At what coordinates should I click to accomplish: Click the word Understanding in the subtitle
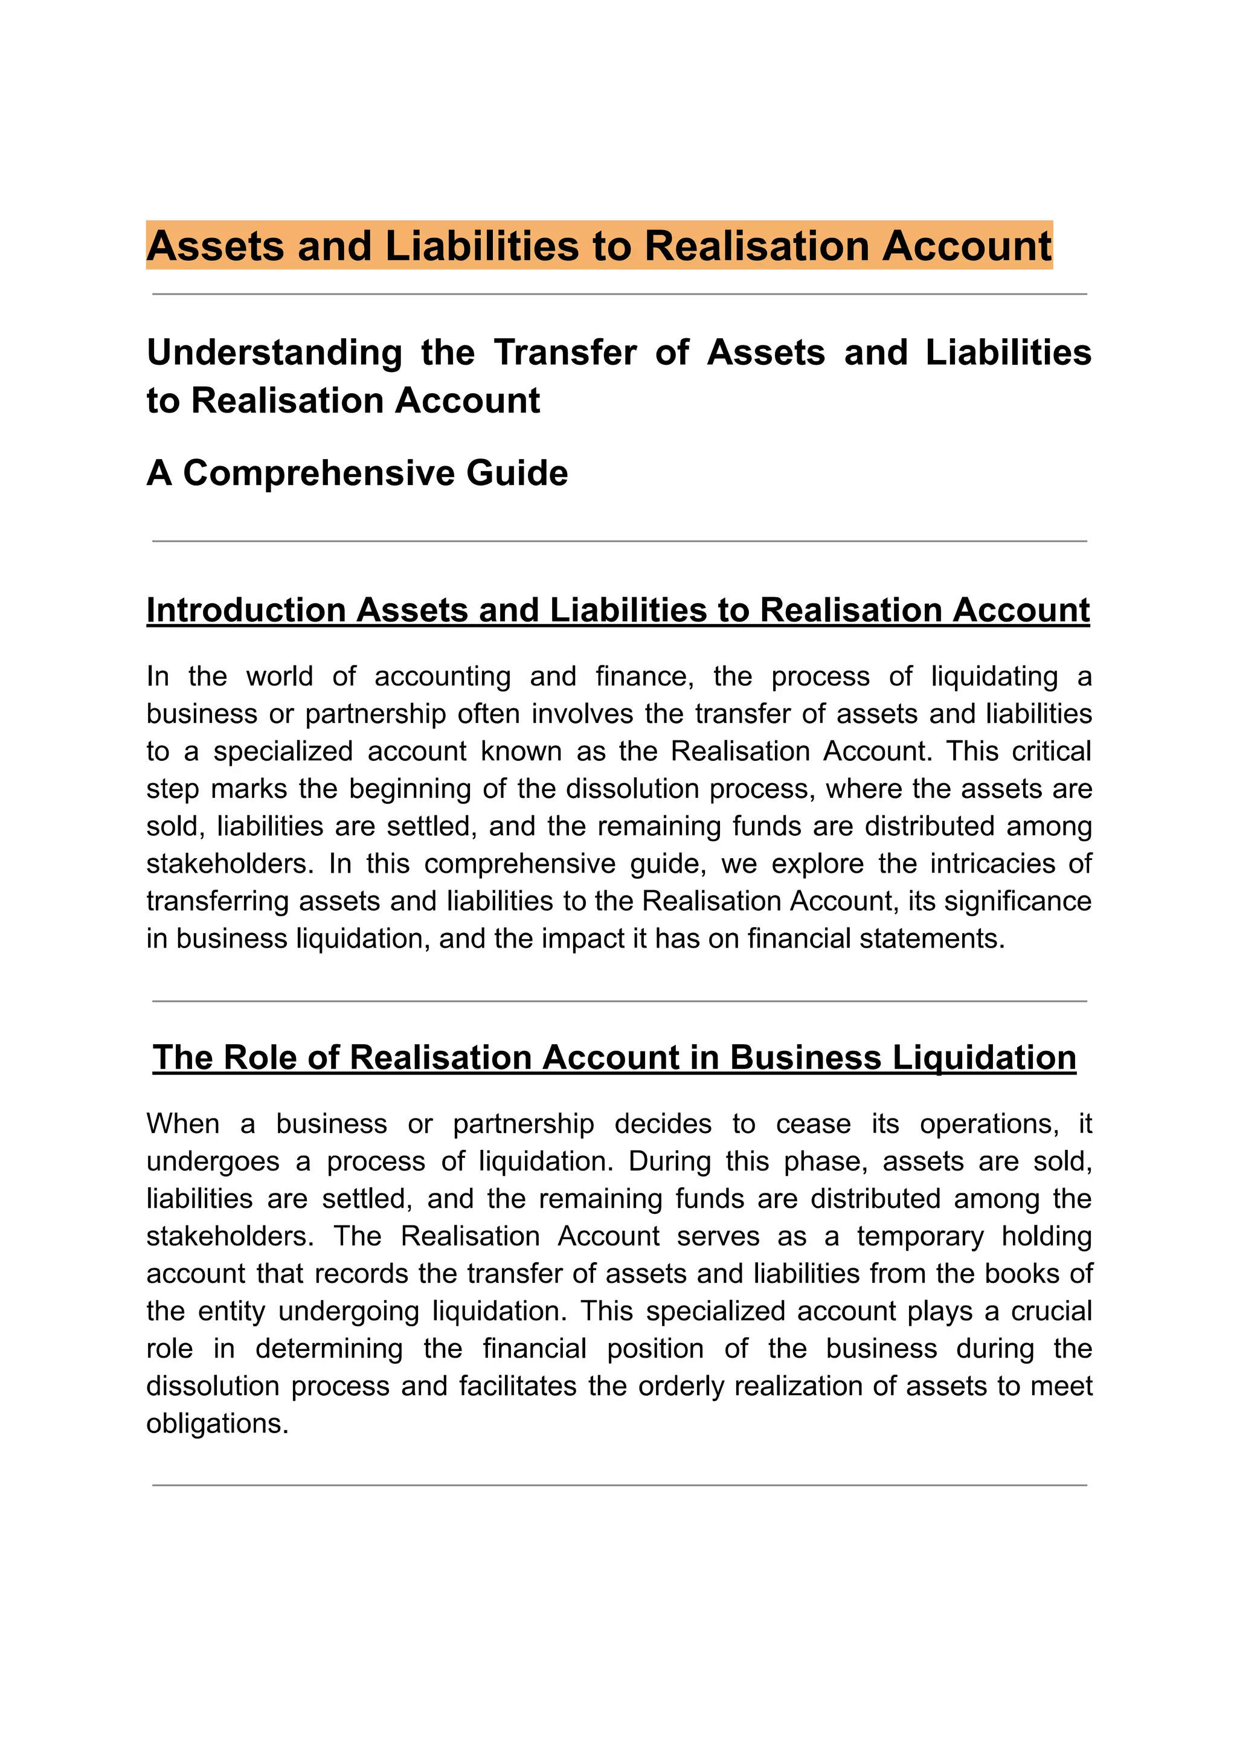[274, 353]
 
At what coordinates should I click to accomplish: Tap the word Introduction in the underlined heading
[245, 610]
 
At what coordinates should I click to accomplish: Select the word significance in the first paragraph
[1018, 901]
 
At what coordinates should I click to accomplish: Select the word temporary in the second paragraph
[920, 1236]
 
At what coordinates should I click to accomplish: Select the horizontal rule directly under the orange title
[618, 294]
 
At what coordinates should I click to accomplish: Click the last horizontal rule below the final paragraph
[618, 1486]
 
